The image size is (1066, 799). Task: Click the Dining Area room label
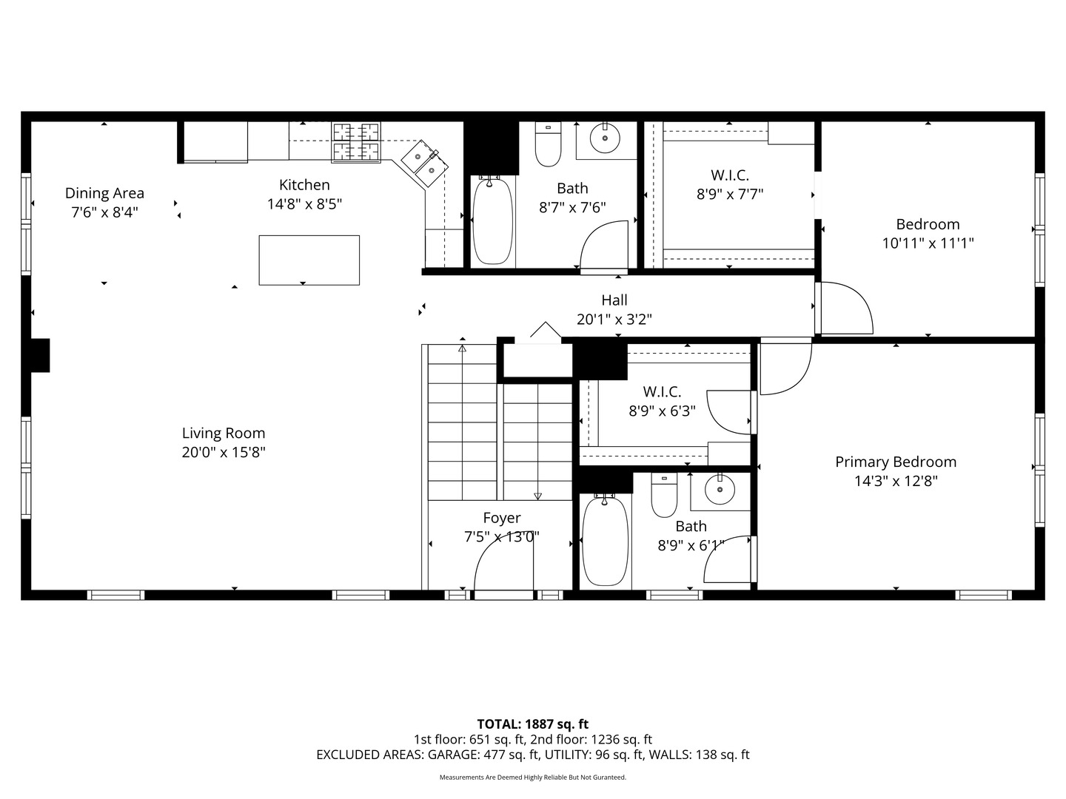pyautogui.click(x=104, y=193)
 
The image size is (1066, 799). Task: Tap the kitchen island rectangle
pyautogui.click(x=309, y=260)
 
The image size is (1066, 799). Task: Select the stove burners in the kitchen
pyautogui.click(x=356, y=142)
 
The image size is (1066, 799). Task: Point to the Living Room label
pyautogui.click(x=224, y=433)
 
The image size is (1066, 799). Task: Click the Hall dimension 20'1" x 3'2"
pyautogui.click(x=614, y=319)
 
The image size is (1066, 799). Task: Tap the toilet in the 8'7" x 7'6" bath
pyautogui.click(x=548, y=144)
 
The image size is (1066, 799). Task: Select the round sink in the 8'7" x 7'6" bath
pyautogui.click(x=605, y=138)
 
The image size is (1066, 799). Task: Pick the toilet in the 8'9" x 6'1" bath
pyautogui.click(x=664, y=496)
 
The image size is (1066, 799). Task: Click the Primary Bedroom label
pyautogui.click(x=896, y=462)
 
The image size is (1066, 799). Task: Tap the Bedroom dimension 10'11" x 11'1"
pyautogui.click(x=928, y=243)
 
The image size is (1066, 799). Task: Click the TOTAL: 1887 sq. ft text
pyautogui.click(x=533, y=724)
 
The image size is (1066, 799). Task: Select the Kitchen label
pyautogui.click(x=304, y=185)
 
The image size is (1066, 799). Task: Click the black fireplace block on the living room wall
pyautogui.click(x=40, y=355)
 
